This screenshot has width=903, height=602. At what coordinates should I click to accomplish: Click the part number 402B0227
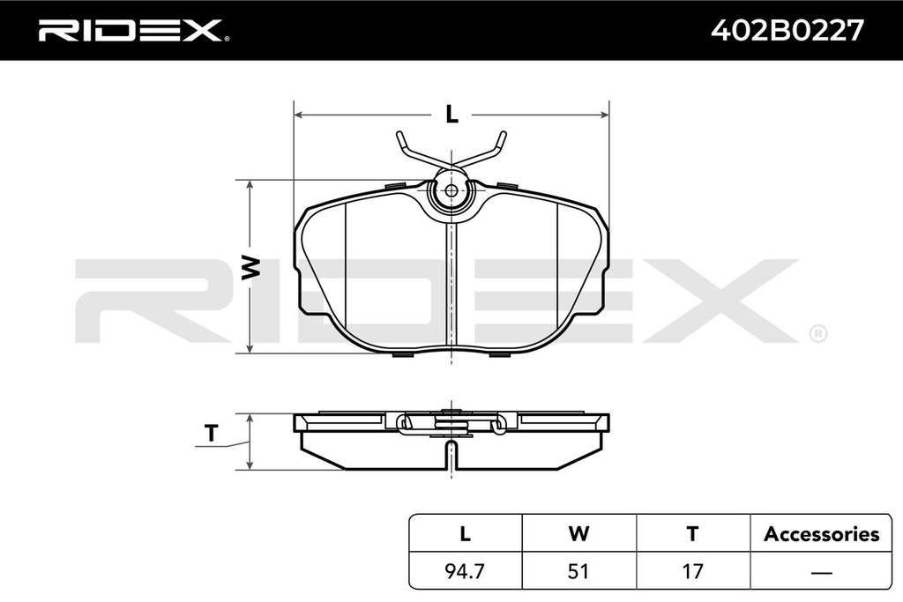[787, 30]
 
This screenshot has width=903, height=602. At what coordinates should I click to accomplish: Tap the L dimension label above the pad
[452, 115]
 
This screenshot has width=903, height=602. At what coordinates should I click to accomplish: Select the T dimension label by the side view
[212, 433]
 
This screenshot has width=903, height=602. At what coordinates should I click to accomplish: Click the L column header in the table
[465, 533]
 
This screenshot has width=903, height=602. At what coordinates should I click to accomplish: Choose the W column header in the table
[578, 533]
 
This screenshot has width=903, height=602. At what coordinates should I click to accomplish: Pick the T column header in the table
[693, 533]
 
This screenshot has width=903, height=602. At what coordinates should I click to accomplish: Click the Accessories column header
[821, 534]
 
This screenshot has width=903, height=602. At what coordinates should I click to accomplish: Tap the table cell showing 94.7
[465, 571]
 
